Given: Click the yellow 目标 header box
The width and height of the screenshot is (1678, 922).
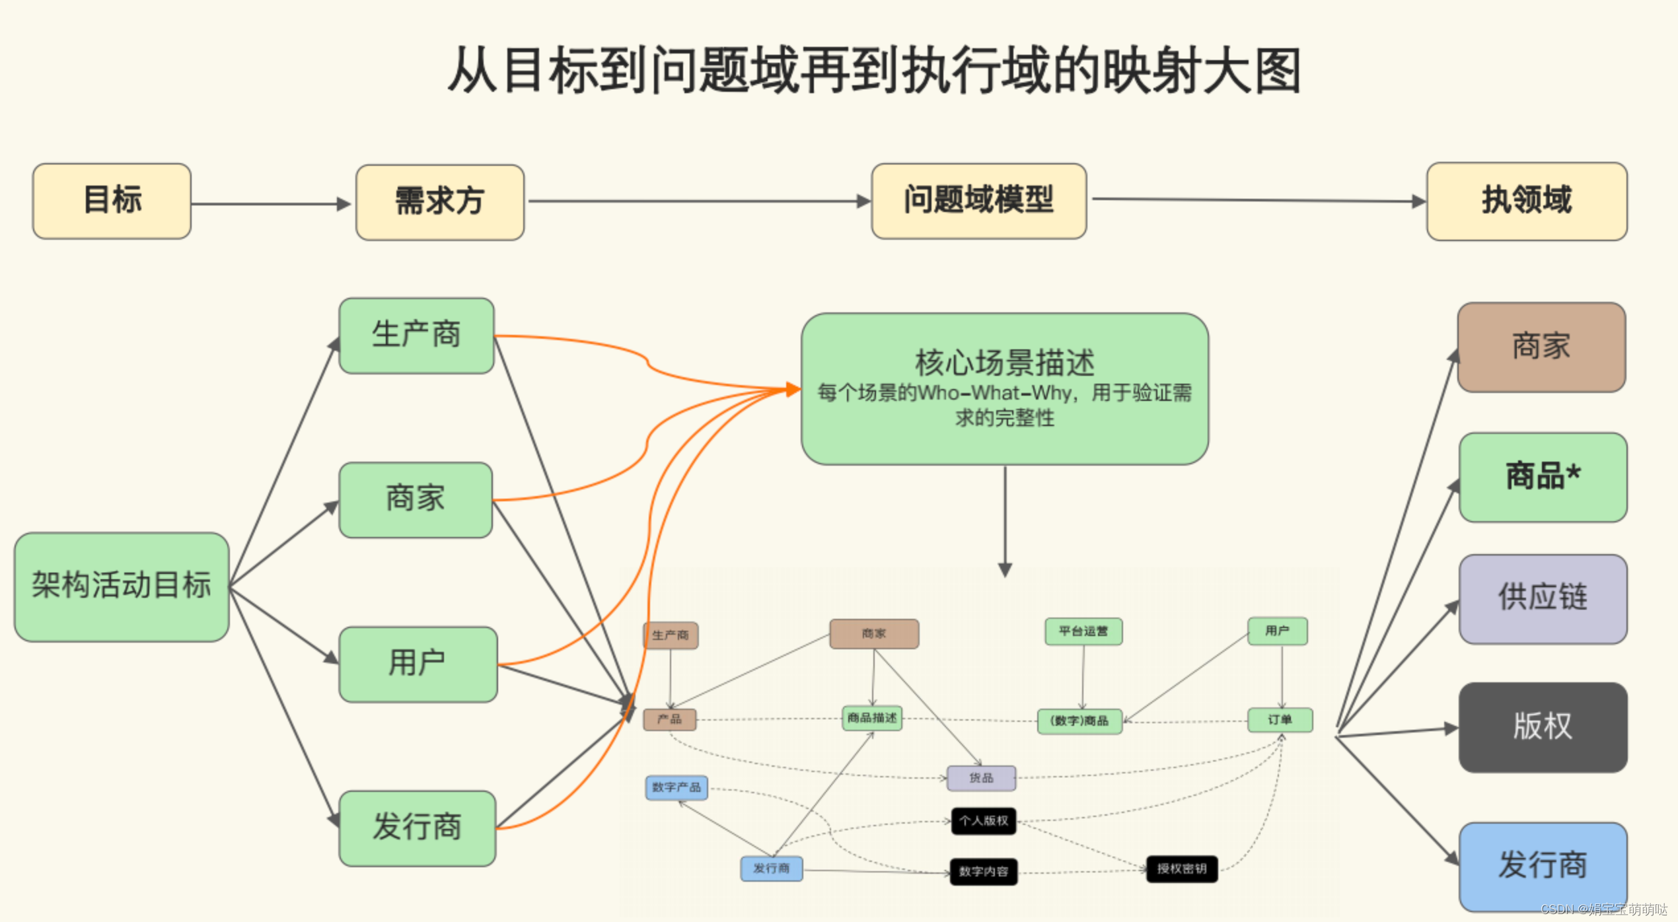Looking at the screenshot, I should click(112, 201).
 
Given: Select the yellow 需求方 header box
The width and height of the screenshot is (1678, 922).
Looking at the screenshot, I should click(439, 202).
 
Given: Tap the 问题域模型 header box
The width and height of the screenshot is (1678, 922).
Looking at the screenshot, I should click(978, 201).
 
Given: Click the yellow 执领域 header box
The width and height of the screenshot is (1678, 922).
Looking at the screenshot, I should click(1526, 201).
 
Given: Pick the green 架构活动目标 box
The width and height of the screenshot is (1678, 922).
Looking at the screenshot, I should click(122, 586).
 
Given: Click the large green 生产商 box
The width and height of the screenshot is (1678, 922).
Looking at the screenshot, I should click(416, 336).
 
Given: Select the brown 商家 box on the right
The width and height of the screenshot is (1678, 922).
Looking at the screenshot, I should click(1541, 347).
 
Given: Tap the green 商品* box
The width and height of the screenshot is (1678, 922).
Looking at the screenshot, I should click(1542, 477).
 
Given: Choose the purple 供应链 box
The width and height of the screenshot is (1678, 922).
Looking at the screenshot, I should click(1542, 598).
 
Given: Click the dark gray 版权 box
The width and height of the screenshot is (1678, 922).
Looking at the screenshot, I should click(1542, 727).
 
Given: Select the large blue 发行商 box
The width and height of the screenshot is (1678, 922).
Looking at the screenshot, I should click(1542, 866).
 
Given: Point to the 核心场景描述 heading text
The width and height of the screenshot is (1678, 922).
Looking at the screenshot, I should click(1004, 363).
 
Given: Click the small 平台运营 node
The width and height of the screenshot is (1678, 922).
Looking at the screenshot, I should click(1083, 631).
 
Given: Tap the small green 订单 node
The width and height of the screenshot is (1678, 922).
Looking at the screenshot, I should click(1280, 719).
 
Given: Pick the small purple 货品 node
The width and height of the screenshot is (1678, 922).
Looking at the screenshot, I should click(981, 778).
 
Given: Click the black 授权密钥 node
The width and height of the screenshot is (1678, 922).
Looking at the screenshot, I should click(1181, 869).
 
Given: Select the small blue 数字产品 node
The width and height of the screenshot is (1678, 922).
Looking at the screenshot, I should click(676, 787).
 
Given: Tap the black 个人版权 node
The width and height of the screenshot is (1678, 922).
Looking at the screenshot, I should click(983, 821).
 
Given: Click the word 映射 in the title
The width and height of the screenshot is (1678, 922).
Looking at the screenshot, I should click(1153, 70).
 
